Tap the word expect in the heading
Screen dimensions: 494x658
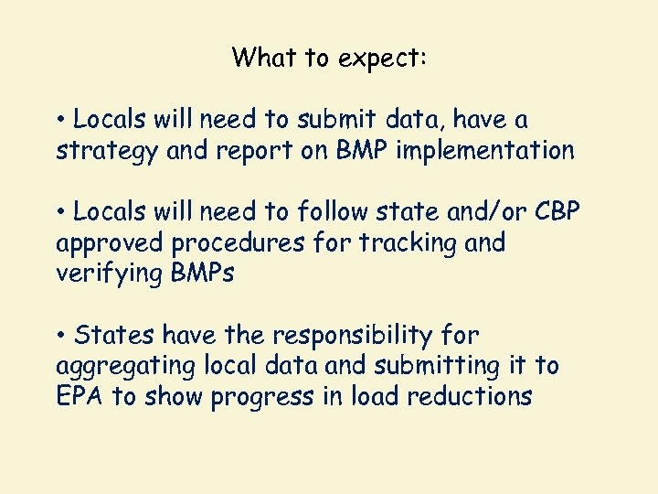(377, 59)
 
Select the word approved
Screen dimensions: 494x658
(113, 243)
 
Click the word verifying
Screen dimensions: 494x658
(110, 274)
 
